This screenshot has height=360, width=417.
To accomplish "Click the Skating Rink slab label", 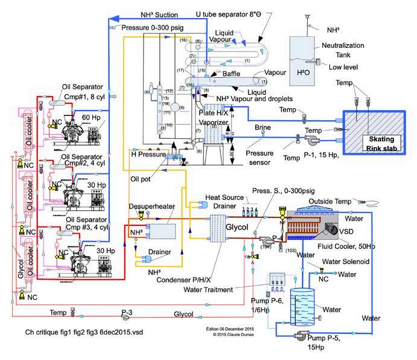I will tap(377, 143).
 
